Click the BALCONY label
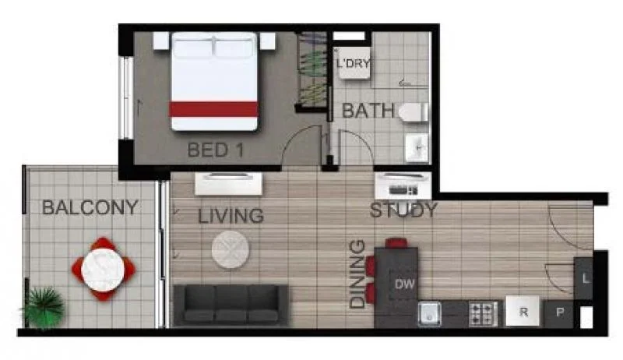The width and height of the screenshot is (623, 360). click(x=90, y=208)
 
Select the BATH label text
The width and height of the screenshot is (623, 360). click(x=368, y=111)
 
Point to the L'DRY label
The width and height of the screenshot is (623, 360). click(x=353, y=64)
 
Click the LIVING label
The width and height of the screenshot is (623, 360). click(x=231, y=216)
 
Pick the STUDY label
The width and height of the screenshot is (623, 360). click(x=403, y=210)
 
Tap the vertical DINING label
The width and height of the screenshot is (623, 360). click(x=357, y=274)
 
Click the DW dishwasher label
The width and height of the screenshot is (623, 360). click(x=404, y=284)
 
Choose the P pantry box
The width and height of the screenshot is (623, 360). click(x=559, y=313)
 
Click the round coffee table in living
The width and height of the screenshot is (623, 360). click(x=231, y=250)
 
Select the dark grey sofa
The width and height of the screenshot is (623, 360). click(x=231, y=305)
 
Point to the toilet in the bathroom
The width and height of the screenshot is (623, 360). click(x=413, y=112)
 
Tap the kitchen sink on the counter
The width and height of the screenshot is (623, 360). click(x=431, y=313)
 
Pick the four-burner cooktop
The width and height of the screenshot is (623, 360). click(x=483, y=313)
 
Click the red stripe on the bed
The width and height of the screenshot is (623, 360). click(x=213, y=109)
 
